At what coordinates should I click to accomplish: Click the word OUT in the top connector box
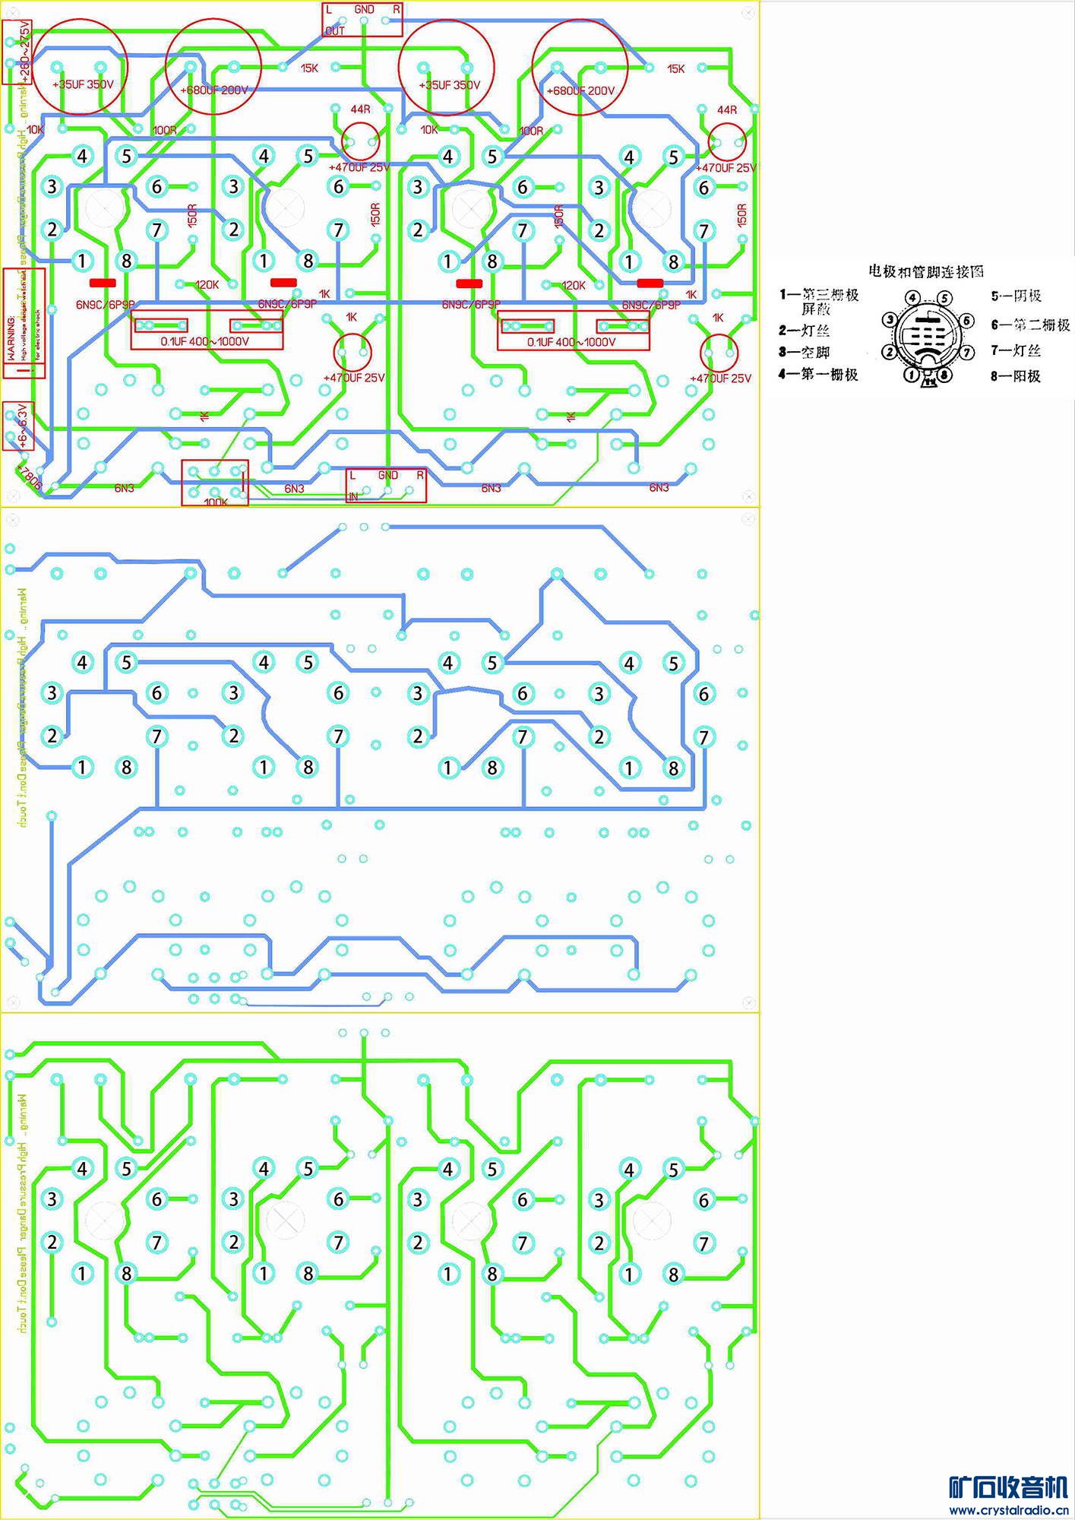point(334,31)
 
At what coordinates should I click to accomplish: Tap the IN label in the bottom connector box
point(353,496)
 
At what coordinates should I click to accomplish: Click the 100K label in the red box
point(215,502)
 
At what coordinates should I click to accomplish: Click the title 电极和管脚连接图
point(926,271)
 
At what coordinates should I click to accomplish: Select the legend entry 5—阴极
point(1016,296)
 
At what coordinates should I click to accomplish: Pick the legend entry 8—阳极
point(1015,375)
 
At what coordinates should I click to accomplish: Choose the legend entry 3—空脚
point(804,352)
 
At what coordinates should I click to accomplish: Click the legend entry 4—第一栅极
point(818,374)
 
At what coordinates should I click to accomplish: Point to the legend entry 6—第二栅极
point(1030,325)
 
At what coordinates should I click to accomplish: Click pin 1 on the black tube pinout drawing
point(912,373)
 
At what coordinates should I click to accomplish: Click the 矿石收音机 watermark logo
point(1008,1487)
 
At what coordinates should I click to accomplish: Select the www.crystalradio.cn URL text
point(1008,1509)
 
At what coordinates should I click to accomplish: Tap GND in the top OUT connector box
point(364,10)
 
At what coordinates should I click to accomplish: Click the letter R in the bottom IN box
point(420,475)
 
